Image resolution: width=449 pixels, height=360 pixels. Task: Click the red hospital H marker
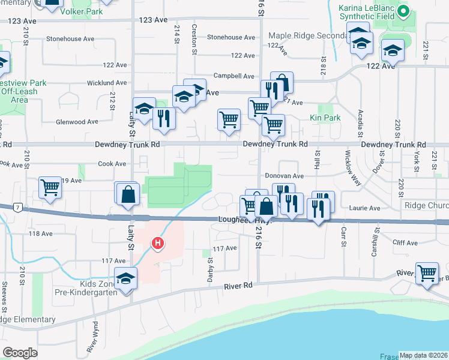(157, 243)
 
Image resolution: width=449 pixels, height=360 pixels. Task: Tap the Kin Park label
(325, 118)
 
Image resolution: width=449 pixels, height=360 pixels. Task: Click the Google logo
(20, 353)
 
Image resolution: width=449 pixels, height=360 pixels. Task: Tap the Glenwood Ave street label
(77, 121)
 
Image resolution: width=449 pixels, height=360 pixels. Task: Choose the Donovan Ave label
(285, 176)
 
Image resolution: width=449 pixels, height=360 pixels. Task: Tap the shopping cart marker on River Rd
(427, 273)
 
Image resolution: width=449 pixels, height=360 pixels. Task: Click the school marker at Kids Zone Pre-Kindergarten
(126, 278)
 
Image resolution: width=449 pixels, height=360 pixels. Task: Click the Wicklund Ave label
(104, 82)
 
